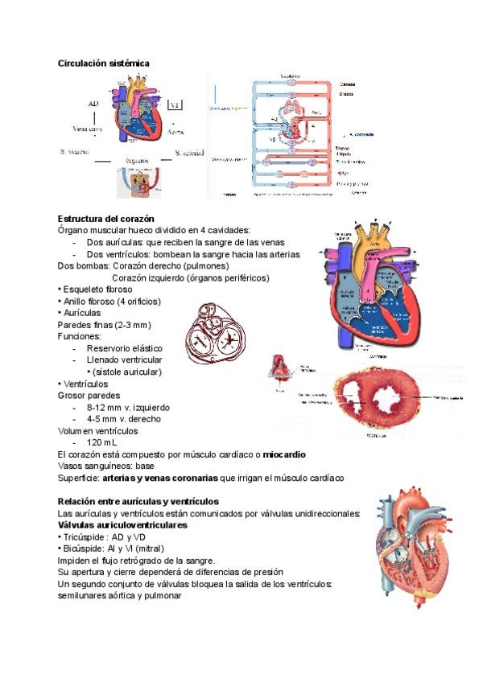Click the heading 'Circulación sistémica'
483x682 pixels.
104,63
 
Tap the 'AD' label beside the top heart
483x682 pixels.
94,104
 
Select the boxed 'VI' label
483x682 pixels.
176,105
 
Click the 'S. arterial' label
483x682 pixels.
189,153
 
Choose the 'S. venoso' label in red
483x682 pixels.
74,150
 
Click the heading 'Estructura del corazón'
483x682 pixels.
106,219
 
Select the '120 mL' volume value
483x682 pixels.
101,442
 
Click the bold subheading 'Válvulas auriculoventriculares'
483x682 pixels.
122,525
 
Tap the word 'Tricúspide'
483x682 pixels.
84,536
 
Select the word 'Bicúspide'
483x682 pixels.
83,548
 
